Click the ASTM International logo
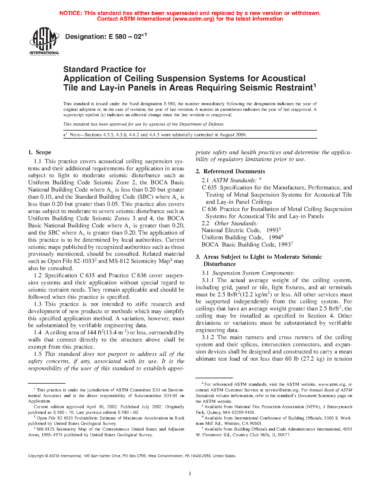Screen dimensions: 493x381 click(44, 41)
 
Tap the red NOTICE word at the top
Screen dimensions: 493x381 click(71, 13)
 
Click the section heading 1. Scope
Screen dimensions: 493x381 click(40, 152)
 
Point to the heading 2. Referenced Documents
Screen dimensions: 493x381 click(230, 172)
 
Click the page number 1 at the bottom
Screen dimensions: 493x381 click(190, 474)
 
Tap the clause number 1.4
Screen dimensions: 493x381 click(38, 333)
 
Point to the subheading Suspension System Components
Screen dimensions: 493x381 click(253, 273)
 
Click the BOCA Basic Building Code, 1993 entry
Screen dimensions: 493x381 click(247, 245)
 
